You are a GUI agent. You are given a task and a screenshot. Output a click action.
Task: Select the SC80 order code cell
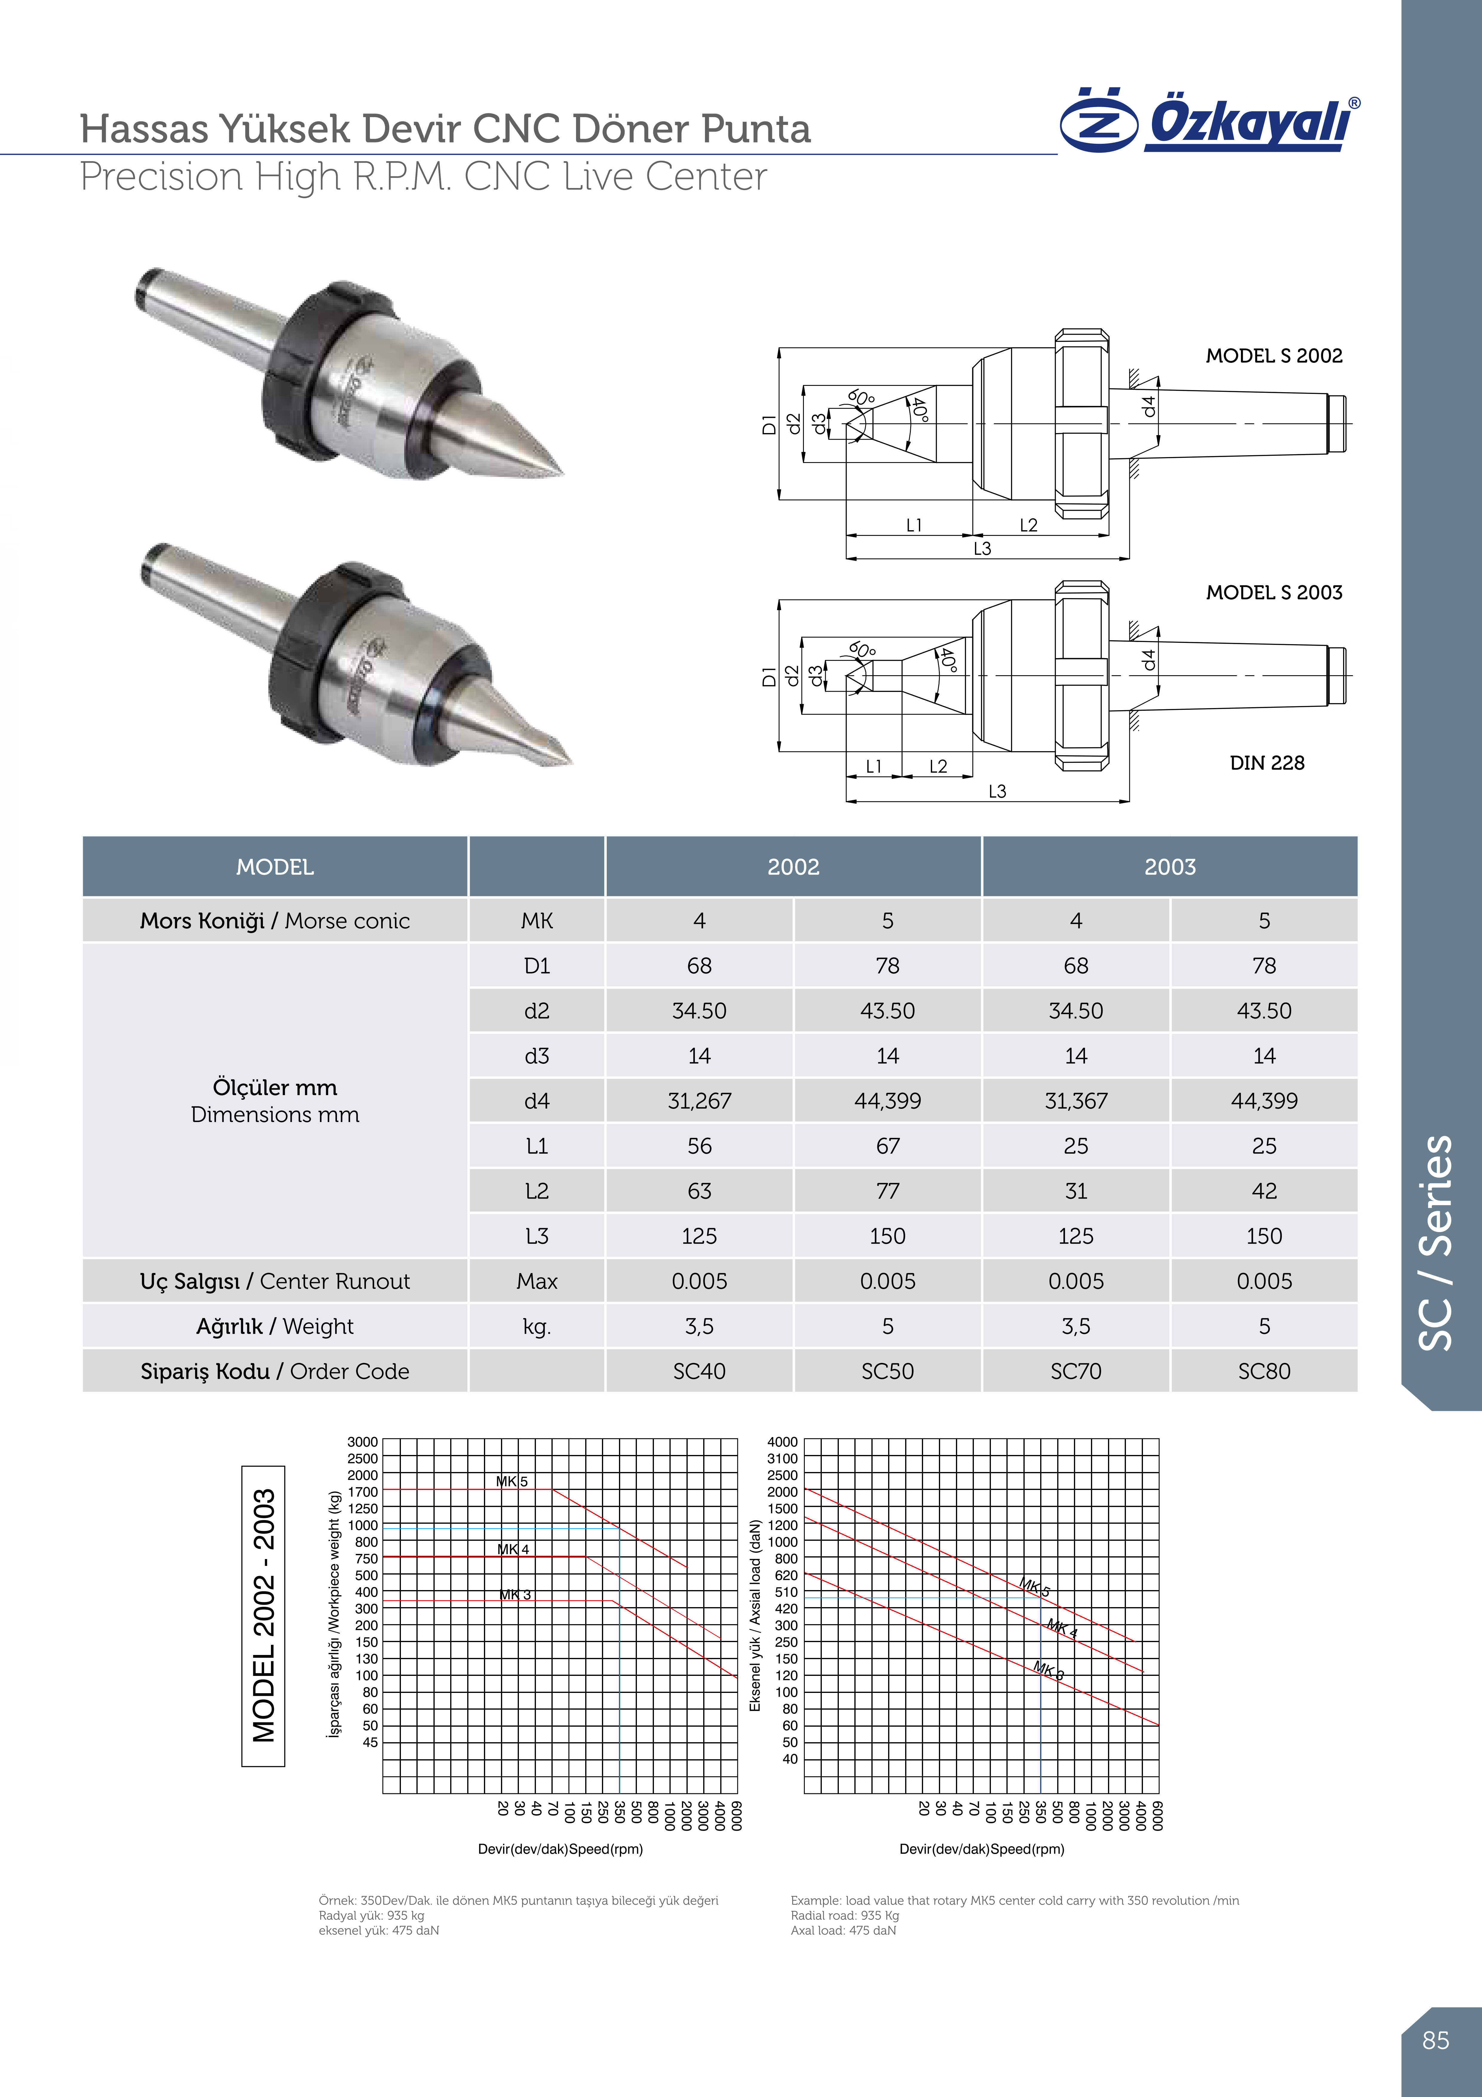(1264, 1371)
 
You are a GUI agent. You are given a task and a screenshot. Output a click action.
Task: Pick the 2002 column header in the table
(793, 867)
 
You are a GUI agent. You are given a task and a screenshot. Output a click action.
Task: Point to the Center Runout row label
(275, 1281)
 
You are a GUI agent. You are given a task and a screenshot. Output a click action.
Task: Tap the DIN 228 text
(1267, 763)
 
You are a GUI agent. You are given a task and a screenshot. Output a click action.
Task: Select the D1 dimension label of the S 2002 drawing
(769, 425)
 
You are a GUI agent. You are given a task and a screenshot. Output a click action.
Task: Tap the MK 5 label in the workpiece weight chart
(511, 1481)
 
